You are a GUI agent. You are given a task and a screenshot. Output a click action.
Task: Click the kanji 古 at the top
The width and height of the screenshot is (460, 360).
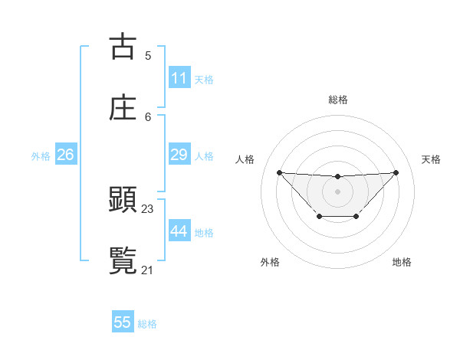pyautogui.click(x=123, y=47)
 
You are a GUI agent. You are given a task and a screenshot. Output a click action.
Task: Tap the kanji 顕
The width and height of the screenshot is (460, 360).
pyautogui.click(x=123, y=200)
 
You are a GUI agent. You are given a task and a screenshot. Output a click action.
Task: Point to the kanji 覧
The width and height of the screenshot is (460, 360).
pyautogui.click(x=123, y=260)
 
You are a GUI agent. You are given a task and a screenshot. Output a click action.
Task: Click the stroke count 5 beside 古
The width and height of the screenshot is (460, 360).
pyautogui.click(x=148, y=55)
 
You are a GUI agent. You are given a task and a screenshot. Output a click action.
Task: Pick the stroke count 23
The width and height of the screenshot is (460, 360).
pyautogui.click(x=148, y=208)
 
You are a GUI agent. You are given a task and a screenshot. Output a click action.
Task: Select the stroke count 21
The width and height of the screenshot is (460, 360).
pyautogui.click(x=148, y=269)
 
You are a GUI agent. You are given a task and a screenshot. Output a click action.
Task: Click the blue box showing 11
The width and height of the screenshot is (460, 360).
pyautogui.click(x=179, y=78)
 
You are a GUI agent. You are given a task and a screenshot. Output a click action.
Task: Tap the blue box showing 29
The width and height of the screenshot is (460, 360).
pyautogui.click(x=179, y=155)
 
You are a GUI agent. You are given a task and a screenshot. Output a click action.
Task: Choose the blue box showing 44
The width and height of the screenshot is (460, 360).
pyautogui.click(x=179, y=231)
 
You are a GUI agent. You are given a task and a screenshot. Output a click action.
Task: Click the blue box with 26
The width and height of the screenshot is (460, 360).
pyautogui.click(x=65, y=155)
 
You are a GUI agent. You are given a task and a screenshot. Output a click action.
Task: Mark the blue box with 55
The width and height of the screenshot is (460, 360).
pyautogui.click(x=123, y=322)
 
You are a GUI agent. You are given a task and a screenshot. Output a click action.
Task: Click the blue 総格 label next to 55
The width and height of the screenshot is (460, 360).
pyautogui.click(x=147, y=324)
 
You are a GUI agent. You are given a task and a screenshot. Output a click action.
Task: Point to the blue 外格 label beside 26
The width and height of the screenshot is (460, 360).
pyautogui.click(x=41, y=156)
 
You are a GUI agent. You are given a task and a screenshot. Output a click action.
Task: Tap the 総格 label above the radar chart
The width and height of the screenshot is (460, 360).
pyautogui.click(x=337, y=100)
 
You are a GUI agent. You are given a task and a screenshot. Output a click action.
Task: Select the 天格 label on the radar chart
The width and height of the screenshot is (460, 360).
pyautogui.click(x=431, y=159)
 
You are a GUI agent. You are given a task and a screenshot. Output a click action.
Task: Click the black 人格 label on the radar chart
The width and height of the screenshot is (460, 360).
pyautogui.click(x=245, y=159)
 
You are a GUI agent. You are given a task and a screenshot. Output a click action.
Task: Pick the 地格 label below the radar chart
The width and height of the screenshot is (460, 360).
pyautogui.click(x=402, y=262)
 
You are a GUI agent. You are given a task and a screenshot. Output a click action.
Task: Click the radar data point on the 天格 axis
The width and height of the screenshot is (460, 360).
pyautogui.click(x=396, y=172)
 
